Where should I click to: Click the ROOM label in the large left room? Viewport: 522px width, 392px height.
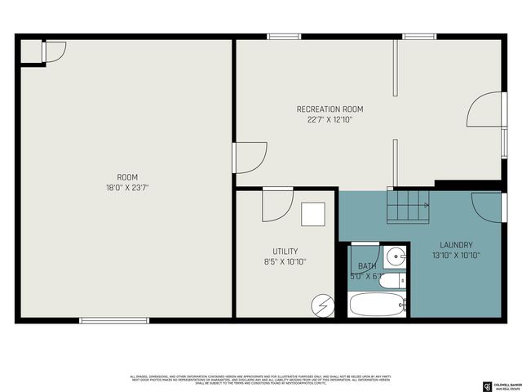pyautogui.click(x=127, y=177)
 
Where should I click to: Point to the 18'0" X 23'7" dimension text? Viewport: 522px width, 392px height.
pyautogui.click(x=127, y=187)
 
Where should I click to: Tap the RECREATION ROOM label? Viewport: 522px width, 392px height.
pyautogui.click(x=330, y=109)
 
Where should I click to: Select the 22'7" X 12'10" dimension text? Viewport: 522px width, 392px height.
pyautogui.click(x=330, y=119)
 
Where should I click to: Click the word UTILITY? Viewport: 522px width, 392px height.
pyautogui.click(x=285, y=252)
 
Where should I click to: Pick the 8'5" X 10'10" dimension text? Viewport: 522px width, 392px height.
pyautogui.click(x=285, y=262)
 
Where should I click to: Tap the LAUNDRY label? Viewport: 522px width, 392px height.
pyautogui.click(x=456, y=245)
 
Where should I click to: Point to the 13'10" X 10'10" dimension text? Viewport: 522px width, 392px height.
pyautogui.click(x=456, y=256)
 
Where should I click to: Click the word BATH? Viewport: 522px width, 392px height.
pyautogui.click(x=367, y=266)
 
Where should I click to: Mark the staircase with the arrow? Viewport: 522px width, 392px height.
pyautogui.click(x=408, y=205)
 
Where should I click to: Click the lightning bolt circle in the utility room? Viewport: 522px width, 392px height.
pyautogui.click(x=322, y=305)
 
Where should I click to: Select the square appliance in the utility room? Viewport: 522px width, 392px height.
pyautogui.click(x=312, y=214)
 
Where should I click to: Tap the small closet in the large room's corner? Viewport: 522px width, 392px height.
pyautogui.click(x=32, y=51)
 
